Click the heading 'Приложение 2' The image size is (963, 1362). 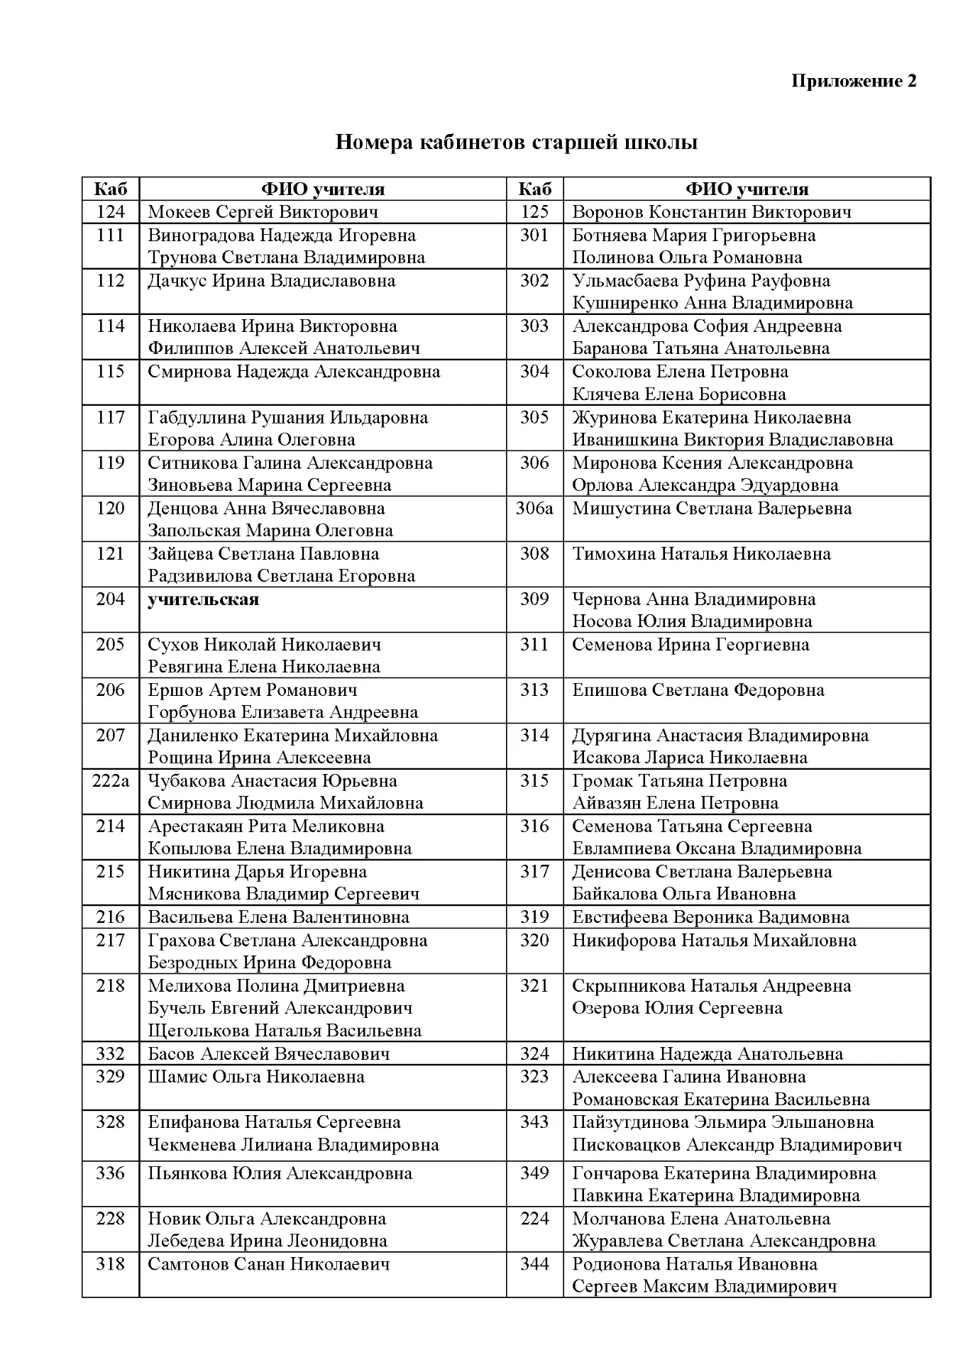pos(853,81)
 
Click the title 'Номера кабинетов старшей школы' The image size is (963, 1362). pos(516,143)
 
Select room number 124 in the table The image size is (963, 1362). pos(110,212)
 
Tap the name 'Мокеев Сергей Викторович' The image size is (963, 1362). pos(263,212)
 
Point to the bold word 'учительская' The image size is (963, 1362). pos(203,599)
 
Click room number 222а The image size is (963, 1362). pos(111,781)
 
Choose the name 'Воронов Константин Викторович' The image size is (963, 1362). pos(711,212)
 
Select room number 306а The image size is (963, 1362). pos(534,509)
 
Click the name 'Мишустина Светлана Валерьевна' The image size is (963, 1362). pos(711,509)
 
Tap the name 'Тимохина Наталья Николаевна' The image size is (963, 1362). pos(701,554)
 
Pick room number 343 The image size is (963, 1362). pos(534,1122)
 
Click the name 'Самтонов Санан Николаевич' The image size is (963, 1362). pos(268,1264)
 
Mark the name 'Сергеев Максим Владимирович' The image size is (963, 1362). pos(704,1287)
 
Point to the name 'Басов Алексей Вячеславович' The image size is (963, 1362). pos(268,1054)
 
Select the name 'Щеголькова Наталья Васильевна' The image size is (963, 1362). pos(284,1031)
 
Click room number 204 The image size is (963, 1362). pos(110,599)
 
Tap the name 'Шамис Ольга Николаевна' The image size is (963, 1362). pos(255,1077)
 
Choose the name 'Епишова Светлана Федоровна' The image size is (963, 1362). pos(698,690)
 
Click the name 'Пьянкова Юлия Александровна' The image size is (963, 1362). pos(280,1173)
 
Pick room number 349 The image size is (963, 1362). pos(534,1173)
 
